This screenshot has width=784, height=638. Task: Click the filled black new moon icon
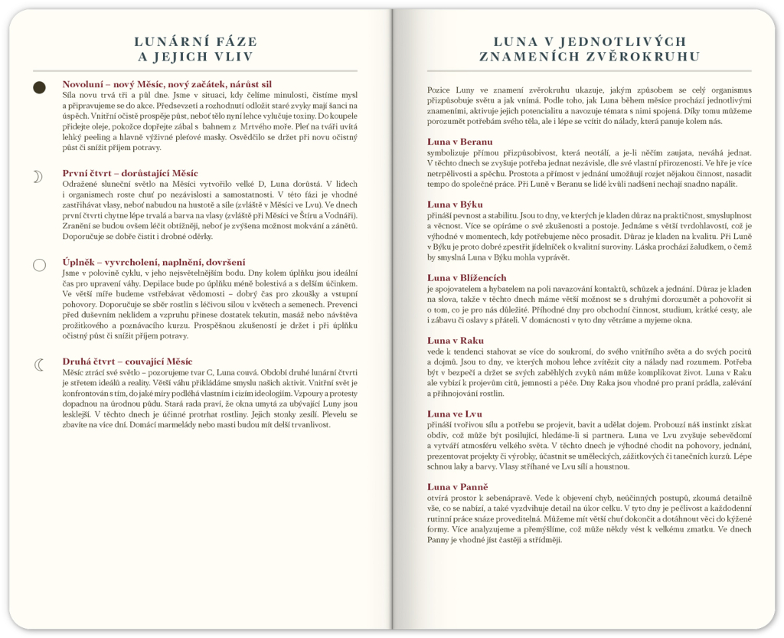pos(39,88)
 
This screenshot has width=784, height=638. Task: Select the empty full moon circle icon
pos(39,266)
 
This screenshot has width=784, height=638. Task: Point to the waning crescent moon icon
pos(39,365)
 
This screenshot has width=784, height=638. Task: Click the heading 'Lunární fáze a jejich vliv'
pos(194,49)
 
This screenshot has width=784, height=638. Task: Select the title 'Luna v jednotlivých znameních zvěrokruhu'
pos(590,49)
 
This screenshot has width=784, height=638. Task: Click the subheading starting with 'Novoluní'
pos(167,83)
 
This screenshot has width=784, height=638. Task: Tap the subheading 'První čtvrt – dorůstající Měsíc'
pos(130,173)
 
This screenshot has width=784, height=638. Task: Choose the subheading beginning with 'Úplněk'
pos(154,262)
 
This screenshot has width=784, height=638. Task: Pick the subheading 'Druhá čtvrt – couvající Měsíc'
pos(127,361)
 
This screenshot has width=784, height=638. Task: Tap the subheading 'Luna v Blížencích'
pos(466,277)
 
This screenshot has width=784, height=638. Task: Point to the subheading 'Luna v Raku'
pos(456,340)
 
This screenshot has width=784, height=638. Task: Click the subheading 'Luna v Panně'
pos(458,486)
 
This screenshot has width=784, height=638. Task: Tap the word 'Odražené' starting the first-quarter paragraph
pos(79,184)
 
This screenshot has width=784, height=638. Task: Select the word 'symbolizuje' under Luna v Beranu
pos(448,152)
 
